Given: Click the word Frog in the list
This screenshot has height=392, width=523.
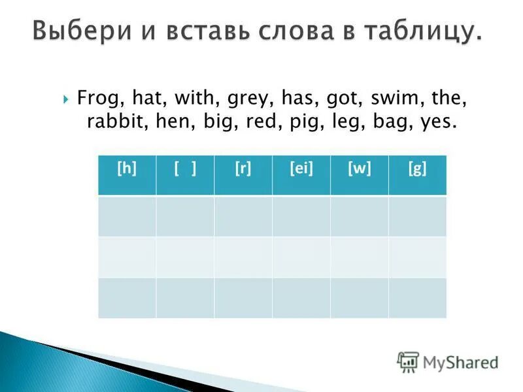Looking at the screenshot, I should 95,99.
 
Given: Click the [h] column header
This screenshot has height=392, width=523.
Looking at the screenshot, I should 127,169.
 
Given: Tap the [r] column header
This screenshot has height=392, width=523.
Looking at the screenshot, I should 243,169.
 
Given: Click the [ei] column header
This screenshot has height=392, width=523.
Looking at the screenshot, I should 301,169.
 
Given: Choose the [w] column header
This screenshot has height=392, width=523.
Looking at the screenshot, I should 360,169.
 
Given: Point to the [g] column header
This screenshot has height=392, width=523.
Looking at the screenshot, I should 417,169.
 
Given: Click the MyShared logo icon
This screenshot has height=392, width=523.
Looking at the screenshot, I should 408,361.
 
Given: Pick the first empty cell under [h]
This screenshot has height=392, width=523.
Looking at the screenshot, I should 127,216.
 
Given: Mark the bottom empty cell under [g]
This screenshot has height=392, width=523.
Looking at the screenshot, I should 417,297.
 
